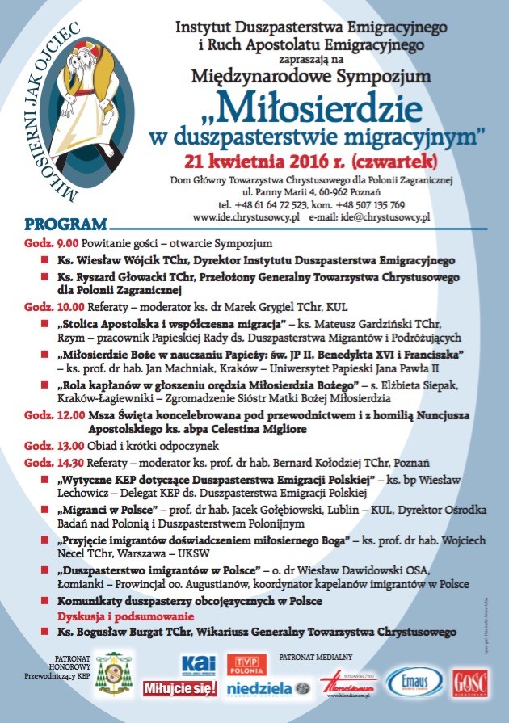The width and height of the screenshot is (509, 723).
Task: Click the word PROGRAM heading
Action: pos(65,224)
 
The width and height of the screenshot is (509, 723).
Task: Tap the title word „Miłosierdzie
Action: pos(322,106)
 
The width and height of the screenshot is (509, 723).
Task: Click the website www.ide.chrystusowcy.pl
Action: pos(246,217)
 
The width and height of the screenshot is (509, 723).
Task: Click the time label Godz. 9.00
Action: pos(44,243)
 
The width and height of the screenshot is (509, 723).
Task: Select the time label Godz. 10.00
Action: pos(46,307)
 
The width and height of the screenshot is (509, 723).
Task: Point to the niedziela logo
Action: pos(256,688)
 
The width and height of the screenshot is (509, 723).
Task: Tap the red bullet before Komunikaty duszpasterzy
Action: pos(45,602)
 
